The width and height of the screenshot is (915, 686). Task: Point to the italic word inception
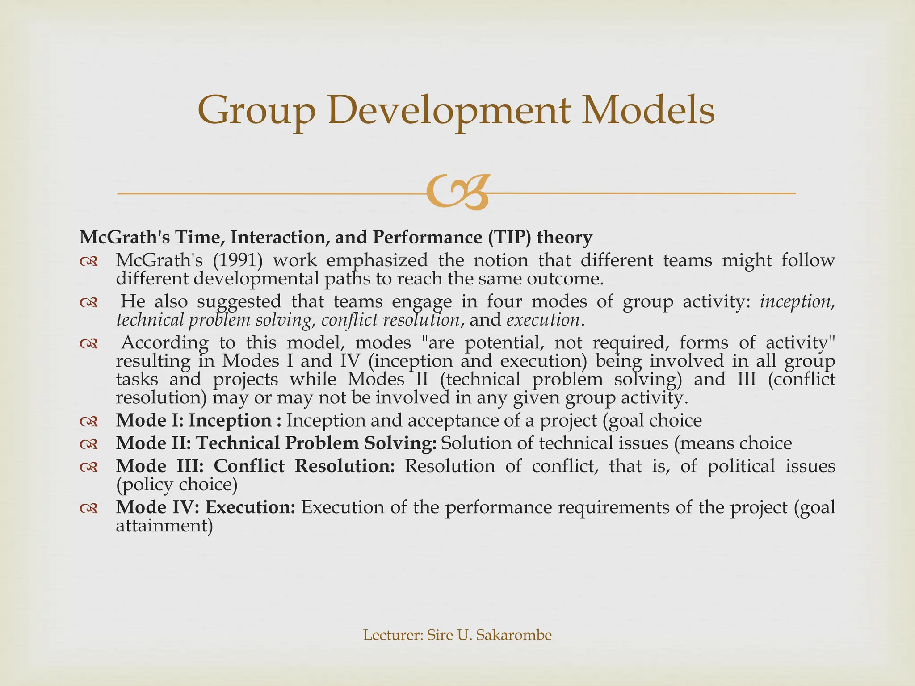(797, 302)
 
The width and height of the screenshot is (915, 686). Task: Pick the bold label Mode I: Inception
(194, 421)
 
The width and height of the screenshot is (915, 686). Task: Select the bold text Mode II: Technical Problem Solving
(276, 443)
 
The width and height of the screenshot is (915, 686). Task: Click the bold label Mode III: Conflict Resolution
(256, 466)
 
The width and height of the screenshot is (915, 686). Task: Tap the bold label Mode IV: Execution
(206, 507)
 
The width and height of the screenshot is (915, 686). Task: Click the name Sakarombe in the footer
(514, 635)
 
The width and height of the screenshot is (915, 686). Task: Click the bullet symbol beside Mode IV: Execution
(88, 508)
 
